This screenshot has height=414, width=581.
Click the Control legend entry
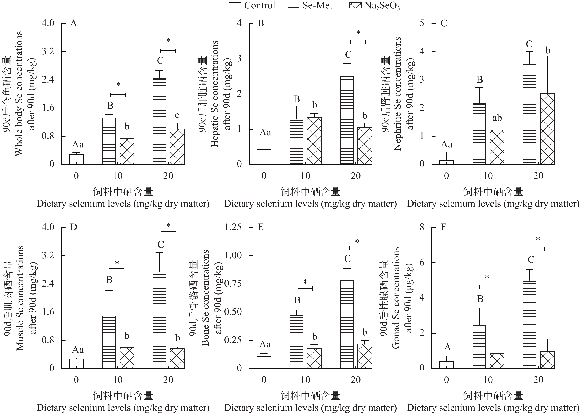pyautogui.click(x=252, y=5)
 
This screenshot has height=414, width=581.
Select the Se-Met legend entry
pyautogui.click(x=310, y=5)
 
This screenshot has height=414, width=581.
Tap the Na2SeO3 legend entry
pyautogui.click(x=374, y=6)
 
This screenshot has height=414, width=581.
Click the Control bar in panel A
pyautogui.click(x=76, y=159)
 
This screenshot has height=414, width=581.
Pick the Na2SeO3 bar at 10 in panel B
pyautogui.click(x=314, y=141)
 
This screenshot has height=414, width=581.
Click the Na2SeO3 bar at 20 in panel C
pyautogui.click(x=547, y=129)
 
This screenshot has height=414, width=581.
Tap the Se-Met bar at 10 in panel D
pyautogui.click(x=109, y=342)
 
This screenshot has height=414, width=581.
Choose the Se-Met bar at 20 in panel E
pyautogui.click(x=347, y=324)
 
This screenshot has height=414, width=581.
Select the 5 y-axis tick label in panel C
pyautogui.click(x=422, y=23)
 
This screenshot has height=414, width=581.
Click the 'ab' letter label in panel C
pyautogui.click(x=497, y=118)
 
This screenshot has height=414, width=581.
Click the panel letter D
pyautogui.click(x=73, y=227)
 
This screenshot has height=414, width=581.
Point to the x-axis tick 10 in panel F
pyautogui.click(x=488, y=380)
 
